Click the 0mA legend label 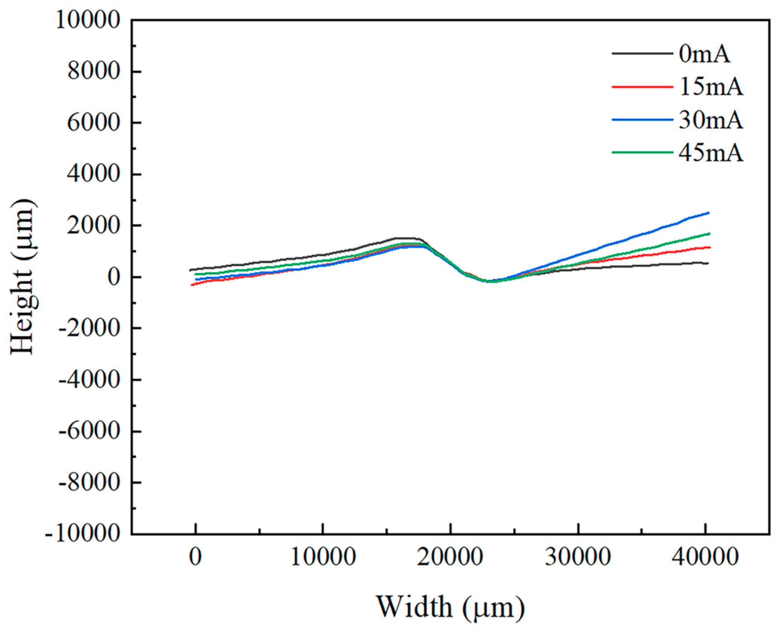[705, 55]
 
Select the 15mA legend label [711, 87]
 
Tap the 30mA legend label [711, 120]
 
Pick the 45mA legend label [711, 153]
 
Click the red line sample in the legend [642, 87]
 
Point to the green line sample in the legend [642, 152]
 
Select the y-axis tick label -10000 [83, 534]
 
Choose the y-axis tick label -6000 [89, 431]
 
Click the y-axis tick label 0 [114, 277]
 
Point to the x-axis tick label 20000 [450, 557]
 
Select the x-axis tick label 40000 [705, 557]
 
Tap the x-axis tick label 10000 [323, 557]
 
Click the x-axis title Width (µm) [450, 606]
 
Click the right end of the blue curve [709, 213]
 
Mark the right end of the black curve [708, 263]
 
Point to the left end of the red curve [191, 285]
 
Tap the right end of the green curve [709, 233]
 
